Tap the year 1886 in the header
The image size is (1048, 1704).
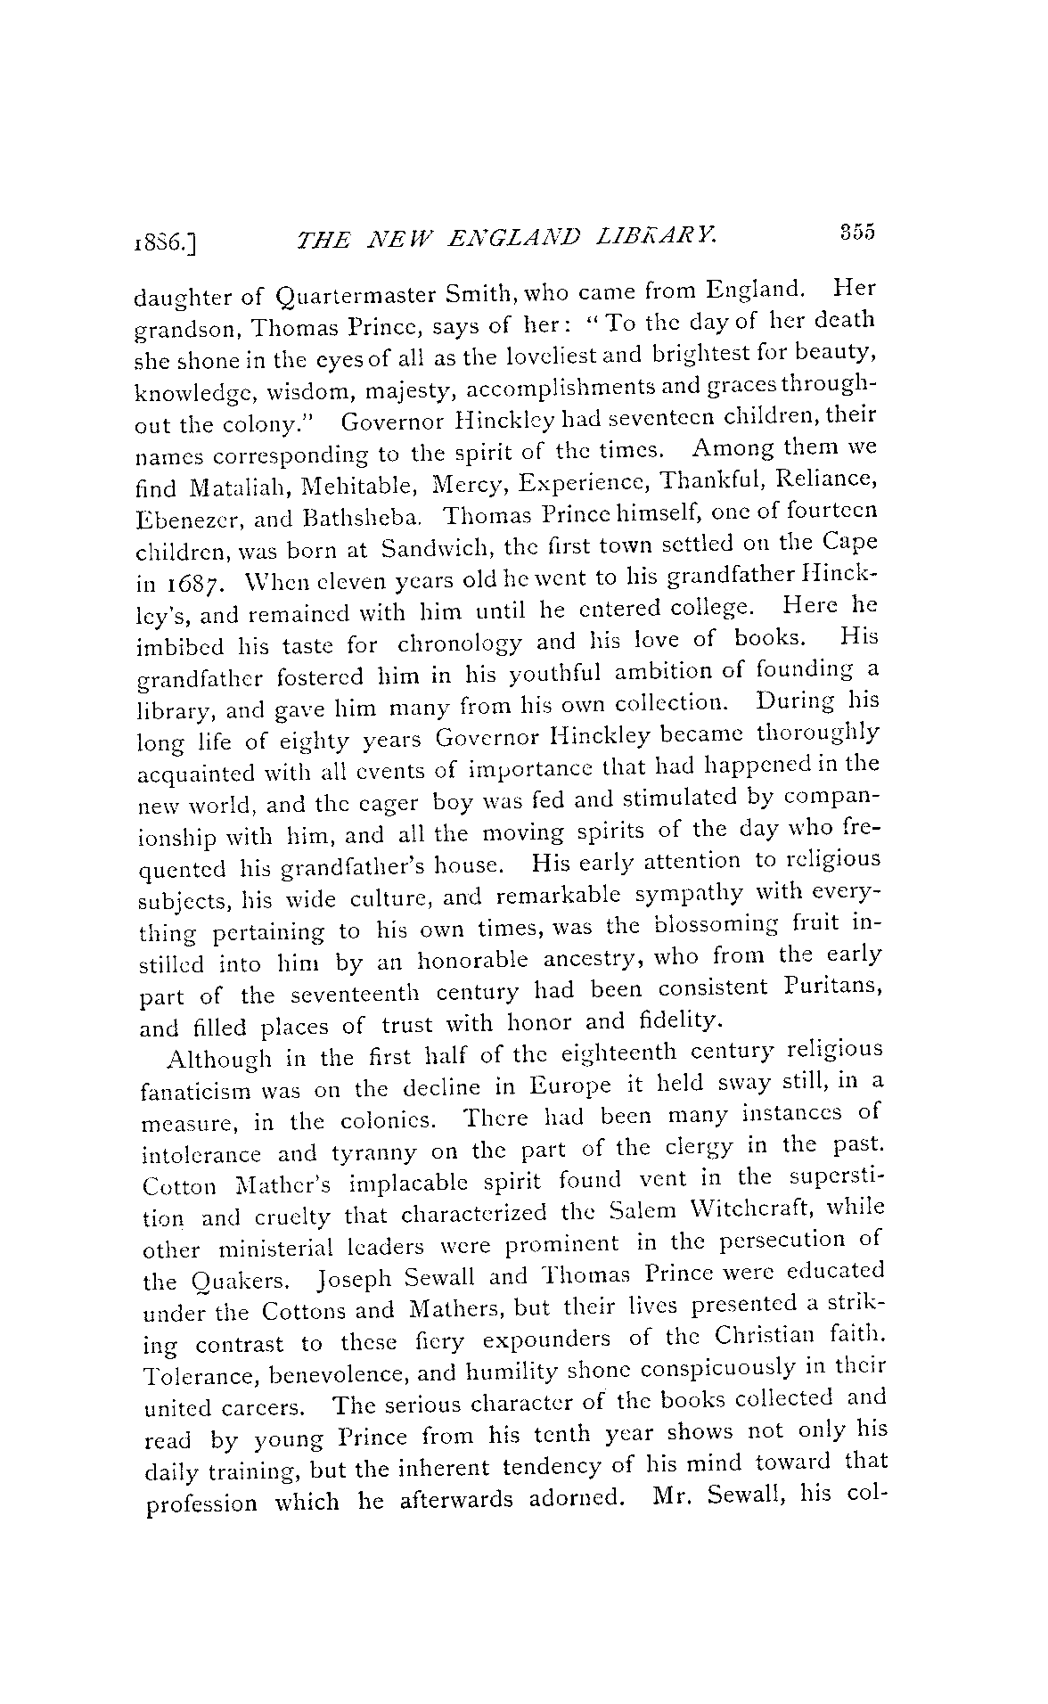[x=166, y=241]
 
